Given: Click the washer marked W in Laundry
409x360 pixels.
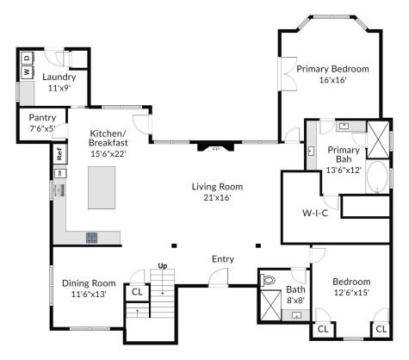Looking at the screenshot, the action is click(28, 71).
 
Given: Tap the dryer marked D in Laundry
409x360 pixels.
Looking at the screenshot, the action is click(28, 59).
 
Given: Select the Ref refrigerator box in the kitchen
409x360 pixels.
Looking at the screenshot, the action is click(59, 153).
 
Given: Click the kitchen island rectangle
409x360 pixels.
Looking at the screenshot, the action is click(102, 188).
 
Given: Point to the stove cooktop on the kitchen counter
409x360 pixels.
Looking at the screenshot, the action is click(92, 238).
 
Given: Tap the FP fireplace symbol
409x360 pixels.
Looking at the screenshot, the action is click(215, 146).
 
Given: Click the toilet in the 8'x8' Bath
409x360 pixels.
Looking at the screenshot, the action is click(268, 279).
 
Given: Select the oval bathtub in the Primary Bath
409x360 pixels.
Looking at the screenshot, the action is click(378, 177).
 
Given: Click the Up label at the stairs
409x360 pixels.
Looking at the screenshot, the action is click(163, 266).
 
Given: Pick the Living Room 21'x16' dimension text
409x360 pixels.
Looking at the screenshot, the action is click(217, 197).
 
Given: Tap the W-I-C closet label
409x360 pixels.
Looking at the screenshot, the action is click(315, 213).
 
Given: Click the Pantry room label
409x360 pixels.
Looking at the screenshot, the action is click(42, 118).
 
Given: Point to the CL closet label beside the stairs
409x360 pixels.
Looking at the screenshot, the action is click(137, 292).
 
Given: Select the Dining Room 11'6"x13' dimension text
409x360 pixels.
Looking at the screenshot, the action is click(89, 295).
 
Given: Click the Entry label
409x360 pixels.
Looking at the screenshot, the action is click(223, 259).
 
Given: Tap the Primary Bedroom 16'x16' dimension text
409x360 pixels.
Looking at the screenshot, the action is click(333, 80).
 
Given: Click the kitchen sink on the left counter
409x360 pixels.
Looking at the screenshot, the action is click(60, 190).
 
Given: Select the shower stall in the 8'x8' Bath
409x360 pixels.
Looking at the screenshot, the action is click(270, 305).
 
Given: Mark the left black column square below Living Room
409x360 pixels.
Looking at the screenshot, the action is click(174, 245).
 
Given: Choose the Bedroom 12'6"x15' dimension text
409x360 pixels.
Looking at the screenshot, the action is click(351, 293).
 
